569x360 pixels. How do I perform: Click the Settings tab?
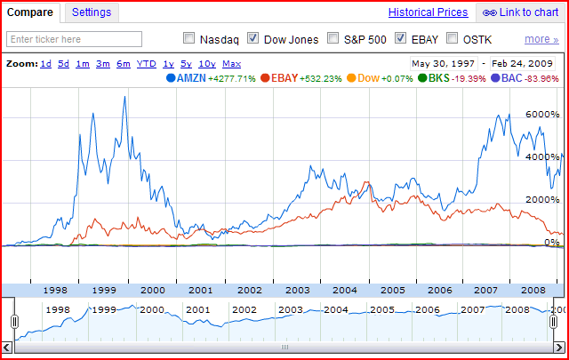tap(92, 12)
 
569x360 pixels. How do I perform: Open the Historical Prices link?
tap(428, 12)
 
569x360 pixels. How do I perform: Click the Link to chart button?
tap(521, 12)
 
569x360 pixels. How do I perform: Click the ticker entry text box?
tap(75, 39)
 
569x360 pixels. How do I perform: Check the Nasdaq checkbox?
tap(188, 38)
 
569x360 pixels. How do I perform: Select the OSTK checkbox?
tap(453, 38)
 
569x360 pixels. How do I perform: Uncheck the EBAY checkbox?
tap(400, 38)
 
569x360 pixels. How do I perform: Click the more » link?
tap(541, 39)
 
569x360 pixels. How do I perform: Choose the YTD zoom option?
tap(147, 64)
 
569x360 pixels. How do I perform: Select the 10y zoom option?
tap(206, 64)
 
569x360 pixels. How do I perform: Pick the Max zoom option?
tap(231, 64)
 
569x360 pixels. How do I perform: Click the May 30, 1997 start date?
tap(442, 64)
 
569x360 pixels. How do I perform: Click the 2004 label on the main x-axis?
tap(345, 290)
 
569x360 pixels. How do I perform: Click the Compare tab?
tap(30, 12)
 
